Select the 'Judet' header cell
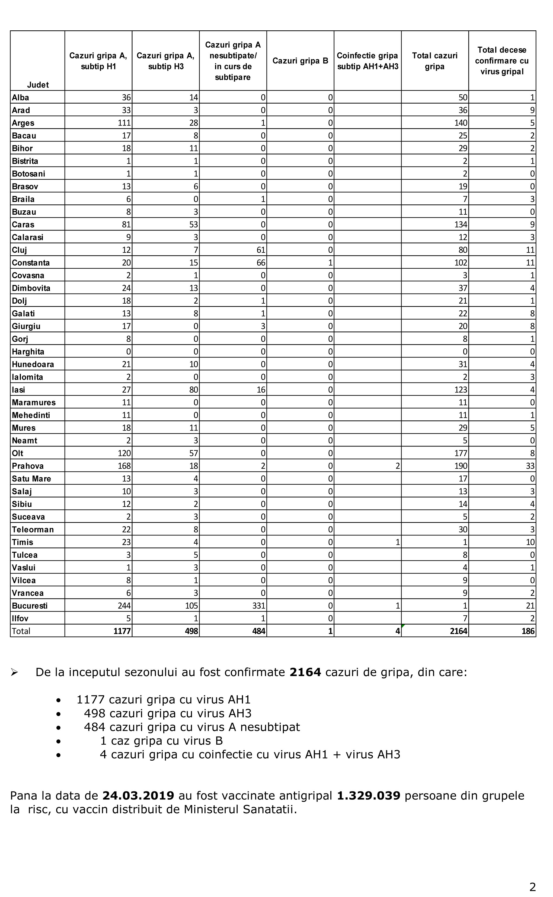[x=38, y=85]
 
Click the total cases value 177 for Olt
[x=461, y=453]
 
